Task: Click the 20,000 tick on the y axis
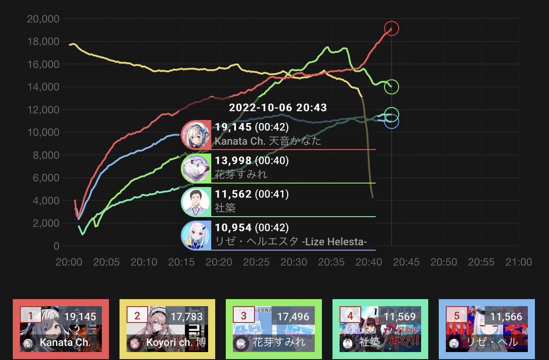[43, 19]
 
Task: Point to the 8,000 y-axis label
[45, 155]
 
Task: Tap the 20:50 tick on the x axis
[444, 262]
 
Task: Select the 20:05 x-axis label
[106, 262]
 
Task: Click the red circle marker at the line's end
[392, 29]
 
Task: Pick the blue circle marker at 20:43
[392, 121]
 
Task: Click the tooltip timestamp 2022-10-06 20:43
[278, 108]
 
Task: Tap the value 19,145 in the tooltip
[233, 127]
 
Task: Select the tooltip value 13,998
[233, 161]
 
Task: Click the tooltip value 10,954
[233, 228]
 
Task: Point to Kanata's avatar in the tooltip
[195, 135]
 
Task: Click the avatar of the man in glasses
[195, 202]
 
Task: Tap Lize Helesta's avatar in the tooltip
[195, 236]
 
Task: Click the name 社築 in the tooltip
[225, 208]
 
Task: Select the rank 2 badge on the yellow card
[137, 315]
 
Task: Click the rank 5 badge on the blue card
[456, 315]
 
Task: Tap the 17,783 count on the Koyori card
[187, 316]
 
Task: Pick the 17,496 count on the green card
[293, 316]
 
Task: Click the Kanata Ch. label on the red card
[65, 342]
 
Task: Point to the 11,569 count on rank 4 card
[400, 316]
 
